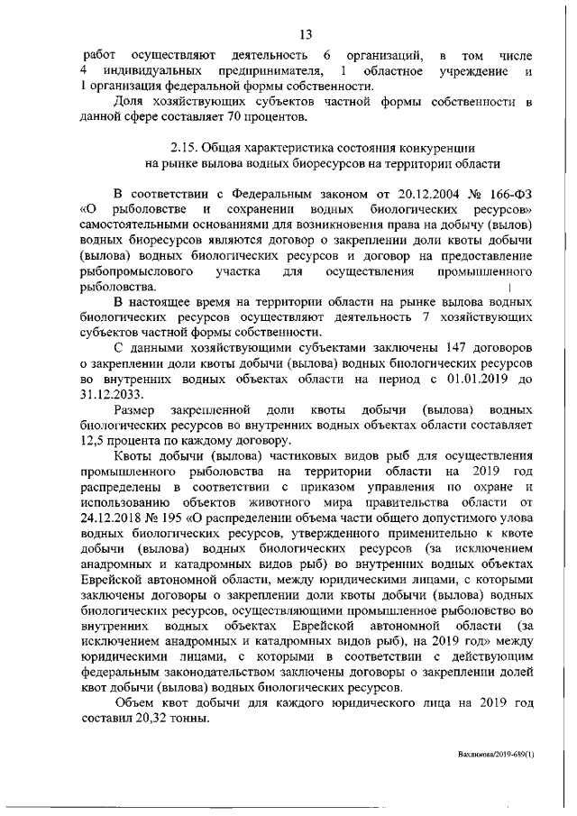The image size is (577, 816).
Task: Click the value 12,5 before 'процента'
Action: tap(94, 442)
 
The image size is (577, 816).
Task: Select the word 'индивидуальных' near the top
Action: tap(151, 71)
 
